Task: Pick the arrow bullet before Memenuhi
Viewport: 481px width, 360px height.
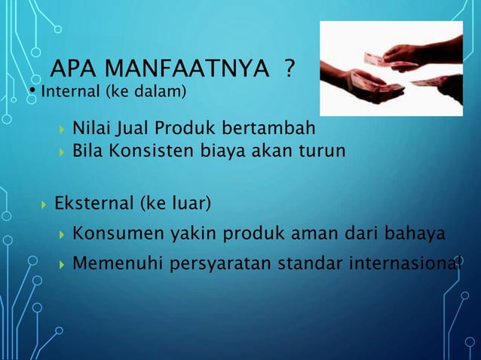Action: point(63,264)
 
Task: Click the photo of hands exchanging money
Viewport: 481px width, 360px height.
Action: point(391,69)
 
